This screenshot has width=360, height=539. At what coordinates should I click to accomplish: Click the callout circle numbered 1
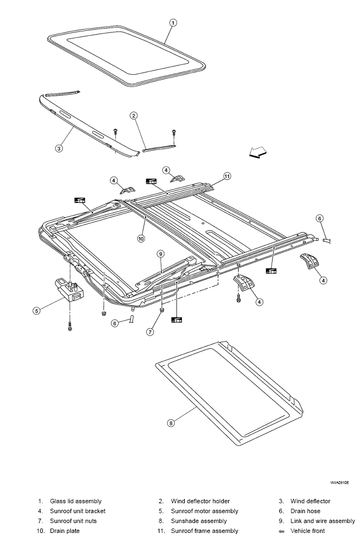click(173, 23)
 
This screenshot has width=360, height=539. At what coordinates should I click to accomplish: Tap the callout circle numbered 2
click(134, 116)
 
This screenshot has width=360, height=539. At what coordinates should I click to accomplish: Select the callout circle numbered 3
click(59, 148)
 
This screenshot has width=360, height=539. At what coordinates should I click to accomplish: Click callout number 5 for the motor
click(36, 310)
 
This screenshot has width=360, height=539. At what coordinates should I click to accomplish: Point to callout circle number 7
click(150, 332)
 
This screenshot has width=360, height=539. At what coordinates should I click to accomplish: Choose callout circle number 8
click(171, 423)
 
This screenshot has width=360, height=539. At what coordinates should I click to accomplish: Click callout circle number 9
click(160, 254)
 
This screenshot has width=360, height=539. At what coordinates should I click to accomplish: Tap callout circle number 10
click(141, 238)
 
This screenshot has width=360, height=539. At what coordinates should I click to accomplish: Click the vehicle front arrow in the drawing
click(258, 152)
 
